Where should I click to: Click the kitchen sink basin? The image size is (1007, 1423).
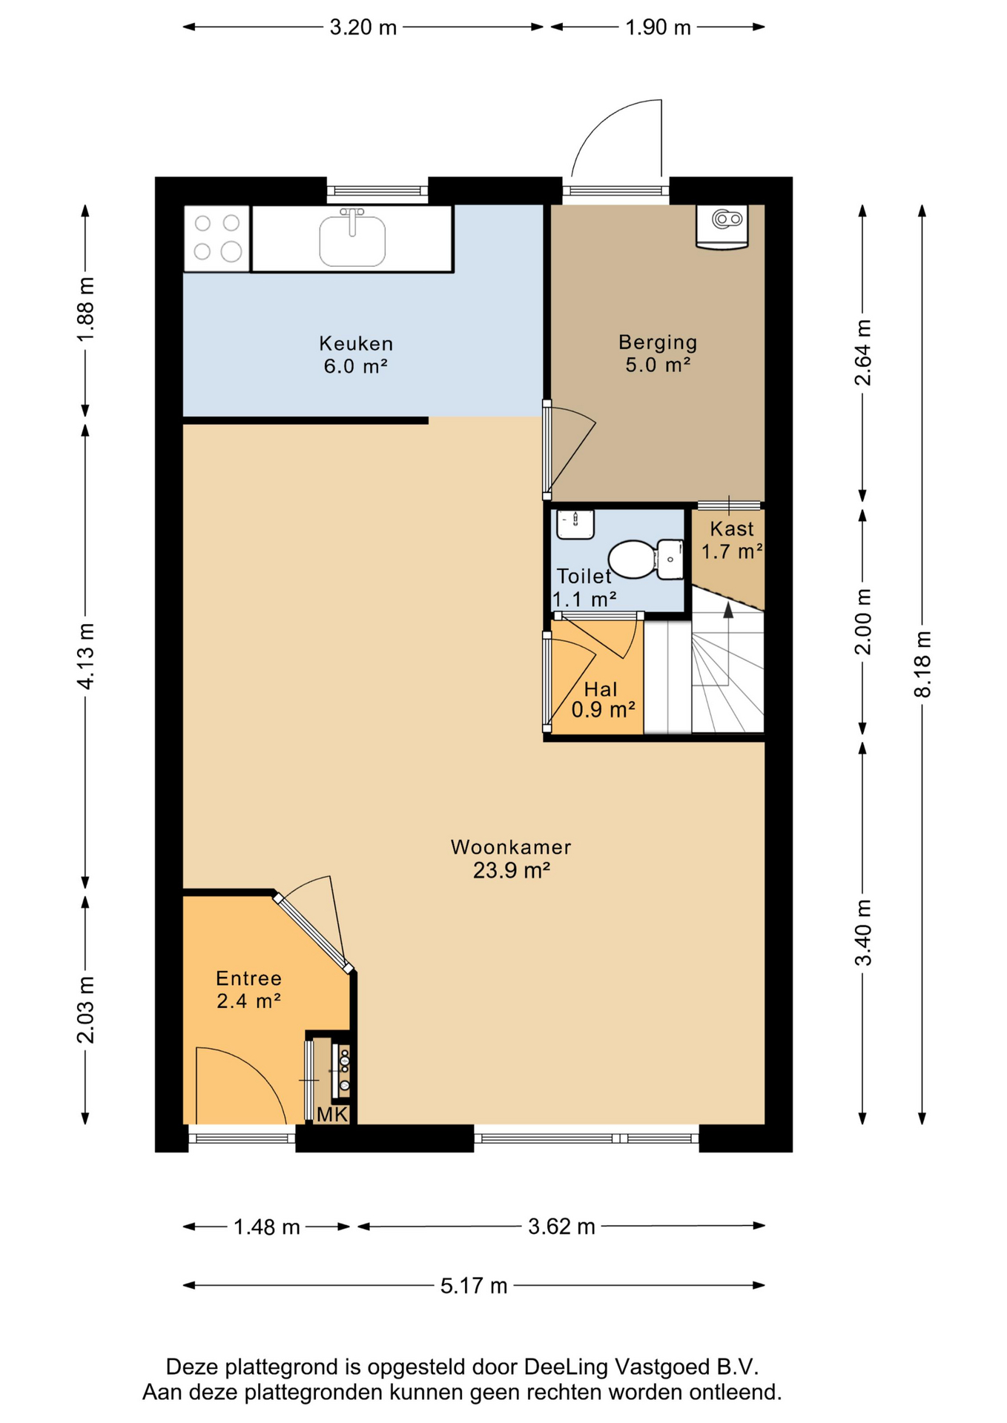pos(352,240)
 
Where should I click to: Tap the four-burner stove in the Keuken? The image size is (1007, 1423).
pos(217,238)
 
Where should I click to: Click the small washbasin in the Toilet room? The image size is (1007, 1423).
pos(575,524)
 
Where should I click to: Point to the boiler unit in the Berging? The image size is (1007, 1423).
pos(722,227)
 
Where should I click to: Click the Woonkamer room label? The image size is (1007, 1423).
pos(511,847)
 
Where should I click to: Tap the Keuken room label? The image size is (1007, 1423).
pos(356,343)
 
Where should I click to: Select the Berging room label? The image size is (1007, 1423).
pos(658,342)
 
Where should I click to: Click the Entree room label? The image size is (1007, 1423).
pos(249,978)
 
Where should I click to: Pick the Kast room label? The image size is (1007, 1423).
pos(732,528)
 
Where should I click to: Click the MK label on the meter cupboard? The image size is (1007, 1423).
pos(332,1114)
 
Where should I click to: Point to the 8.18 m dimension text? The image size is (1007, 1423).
pos(922,664)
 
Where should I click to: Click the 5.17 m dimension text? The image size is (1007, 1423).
pos(474,1285)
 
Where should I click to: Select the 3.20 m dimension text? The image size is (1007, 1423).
pos(363,27)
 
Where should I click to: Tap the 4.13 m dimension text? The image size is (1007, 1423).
pos(85,656)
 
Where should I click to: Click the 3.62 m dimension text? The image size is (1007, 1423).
pos(561,1227)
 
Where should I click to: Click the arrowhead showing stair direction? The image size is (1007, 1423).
pos(728,610)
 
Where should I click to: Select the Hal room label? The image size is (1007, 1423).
pos(601,689)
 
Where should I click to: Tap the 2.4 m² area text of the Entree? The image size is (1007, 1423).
pos(248,1001)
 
